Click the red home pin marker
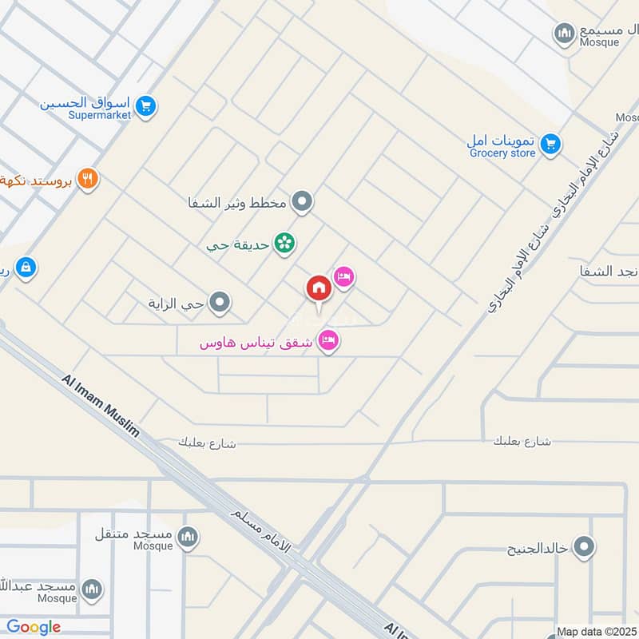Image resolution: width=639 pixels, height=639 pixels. (x=318, y=289)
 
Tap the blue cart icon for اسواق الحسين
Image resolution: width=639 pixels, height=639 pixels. (x=145, y=105)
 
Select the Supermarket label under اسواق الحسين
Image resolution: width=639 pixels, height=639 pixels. (x=101, y=115)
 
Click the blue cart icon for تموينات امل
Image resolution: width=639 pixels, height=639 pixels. (x=550, y=145)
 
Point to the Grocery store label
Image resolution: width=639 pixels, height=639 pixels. (x=502, y=153)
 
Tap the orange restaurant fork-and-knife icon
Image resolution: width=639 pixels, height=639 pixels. (x=88, y=179)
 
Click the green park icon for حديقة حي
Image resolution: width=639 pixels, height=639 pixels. (x=284, y=242)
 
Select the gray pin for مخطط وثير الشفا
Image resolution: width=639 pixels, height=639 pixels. (x=301, y=202)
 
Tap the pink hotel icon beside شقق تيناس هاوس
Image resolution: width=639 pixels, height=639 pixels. (x=328, y=342)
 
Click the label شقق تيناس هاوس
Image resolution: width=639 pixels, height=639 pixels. (x=257, y=343)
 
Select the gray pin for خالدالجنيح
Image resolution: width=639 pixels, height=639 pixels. (x=585, y=548)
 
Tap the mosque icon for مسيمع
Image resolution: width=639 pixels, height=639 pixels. (x=565, y=33)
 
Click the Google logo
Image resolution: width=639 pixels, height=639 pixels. (x=34, y=627)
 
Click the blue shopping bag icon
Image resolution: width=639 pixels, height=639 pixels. (x=26, y=267)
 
